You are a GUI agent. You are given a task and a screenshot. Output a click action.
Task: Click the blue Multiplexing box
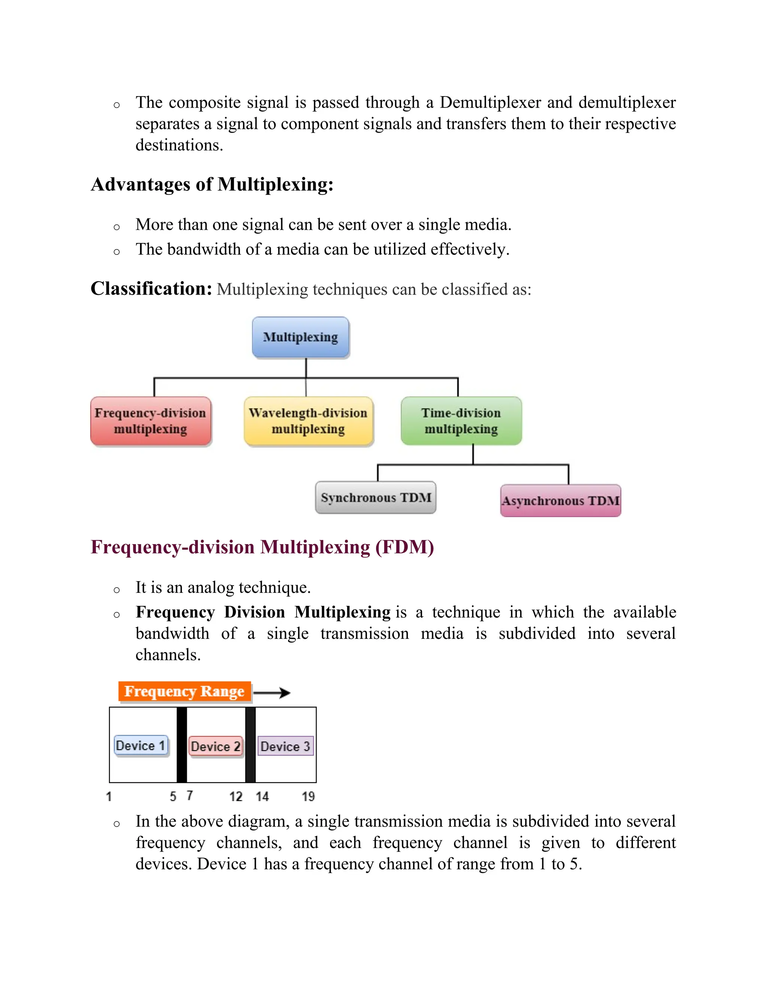point(300,337)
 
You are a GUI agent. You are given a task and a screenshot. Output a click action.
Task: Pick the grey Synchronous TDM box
point(375,497)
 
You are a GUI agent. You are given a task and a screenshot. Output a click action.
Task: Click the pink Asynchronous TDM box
point(560,501)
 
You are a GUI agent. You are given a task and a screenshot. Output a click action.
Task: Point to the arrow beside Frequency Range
point(272,692)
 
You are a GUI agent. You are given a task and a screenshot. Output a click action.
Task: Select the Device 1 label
point(141,746)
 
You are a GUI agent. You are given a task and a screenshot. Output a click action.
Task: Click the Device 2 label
point(215,746)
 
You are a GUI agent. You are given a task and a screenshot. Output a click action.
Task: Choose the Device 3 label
point(285,746)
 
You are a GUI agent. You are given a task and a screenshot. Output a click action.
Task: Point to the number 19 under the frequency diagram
point(308,797)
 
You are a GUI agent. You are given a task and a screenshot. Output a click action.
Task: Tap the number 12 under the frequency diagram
point(236,797)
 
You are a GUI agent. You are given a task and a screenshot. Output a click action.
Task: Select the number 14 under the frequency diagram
point(262,797)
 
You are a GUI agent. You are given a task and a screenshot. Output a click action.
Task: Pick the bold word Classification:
point(151,289)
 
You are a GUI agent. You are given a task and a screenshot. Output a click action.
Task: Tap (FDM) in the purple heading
point(404,547)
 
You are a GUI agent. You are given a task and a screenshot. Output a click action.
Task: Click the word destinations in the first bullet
point(179,145)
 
